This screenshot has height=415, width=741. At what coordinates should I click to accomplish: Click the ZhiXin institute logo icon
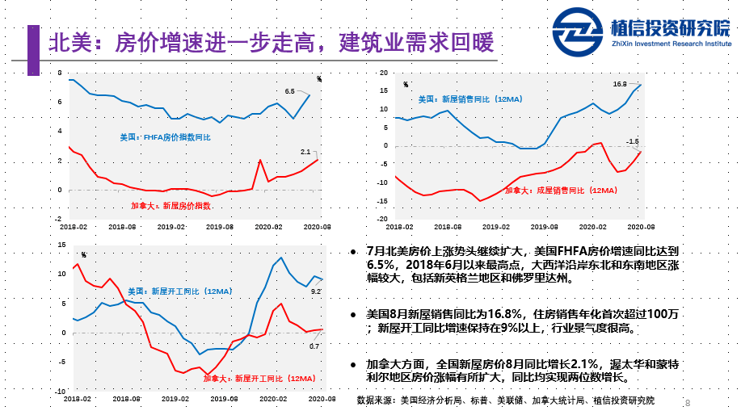(x=579, y=35)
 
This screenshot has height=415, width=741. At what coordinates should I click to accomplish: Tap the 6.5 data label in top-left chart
(x=290, y=91)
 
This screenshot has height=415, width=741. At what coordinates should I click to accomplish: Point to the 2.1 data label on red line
(x=305, y=152)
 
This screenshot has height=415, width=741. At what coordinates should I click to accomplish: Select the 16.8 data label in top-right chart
(x=620, y=84)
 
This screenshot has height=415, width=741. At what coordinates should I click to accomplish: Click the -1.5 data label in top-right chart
(x=633, y=141)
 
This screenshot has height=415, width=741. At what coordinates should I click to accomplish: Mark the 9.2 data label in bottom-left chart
(x=317, y=291)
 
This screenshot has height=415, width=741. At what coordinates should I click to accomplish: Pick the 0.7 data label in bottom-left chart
(x=315, y=346)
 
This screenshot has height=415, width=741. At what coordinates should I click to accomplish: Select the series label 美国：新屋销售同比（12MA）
(x=469, y=99)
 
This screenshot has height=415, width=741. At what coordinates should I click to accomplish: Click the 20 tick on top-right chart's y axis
(x=384, y=73)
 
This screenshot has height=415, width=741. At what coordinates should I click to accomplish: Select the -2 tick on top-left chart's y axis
(x=58, y=218)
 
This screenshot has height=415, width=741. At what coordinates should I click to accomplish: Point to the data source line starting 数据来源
(x=506, y=400)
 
